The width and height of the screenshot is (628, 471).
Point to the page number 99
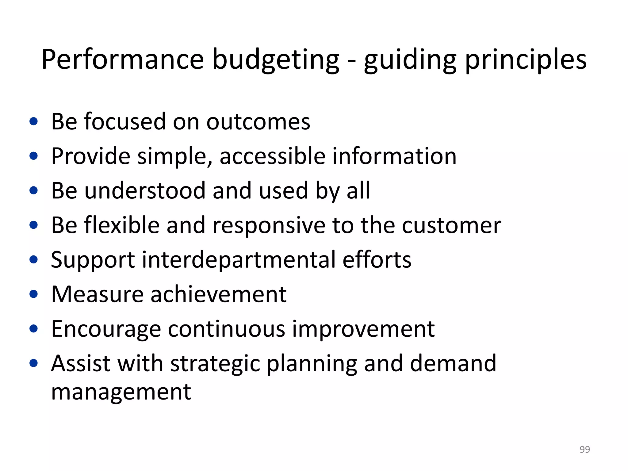584,449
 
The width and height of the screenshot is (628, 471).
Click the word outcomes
258,122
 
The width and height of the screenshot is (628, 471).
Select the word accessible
272,156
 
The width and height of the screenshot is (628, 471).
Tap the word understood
144,190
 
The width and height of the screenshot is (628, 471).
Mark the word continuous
227,329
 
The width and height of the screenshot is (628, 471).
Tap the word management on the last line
121,392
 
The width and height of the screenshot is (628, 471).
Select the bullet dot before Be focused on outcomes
34,121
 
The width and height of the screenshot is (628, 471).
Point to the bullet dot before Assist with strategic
34,363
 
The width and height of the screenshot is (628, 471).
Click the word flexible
121,225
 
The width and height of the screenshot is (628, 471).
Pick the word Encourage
106,329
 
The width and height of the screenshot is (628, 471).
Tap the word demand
453,363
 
